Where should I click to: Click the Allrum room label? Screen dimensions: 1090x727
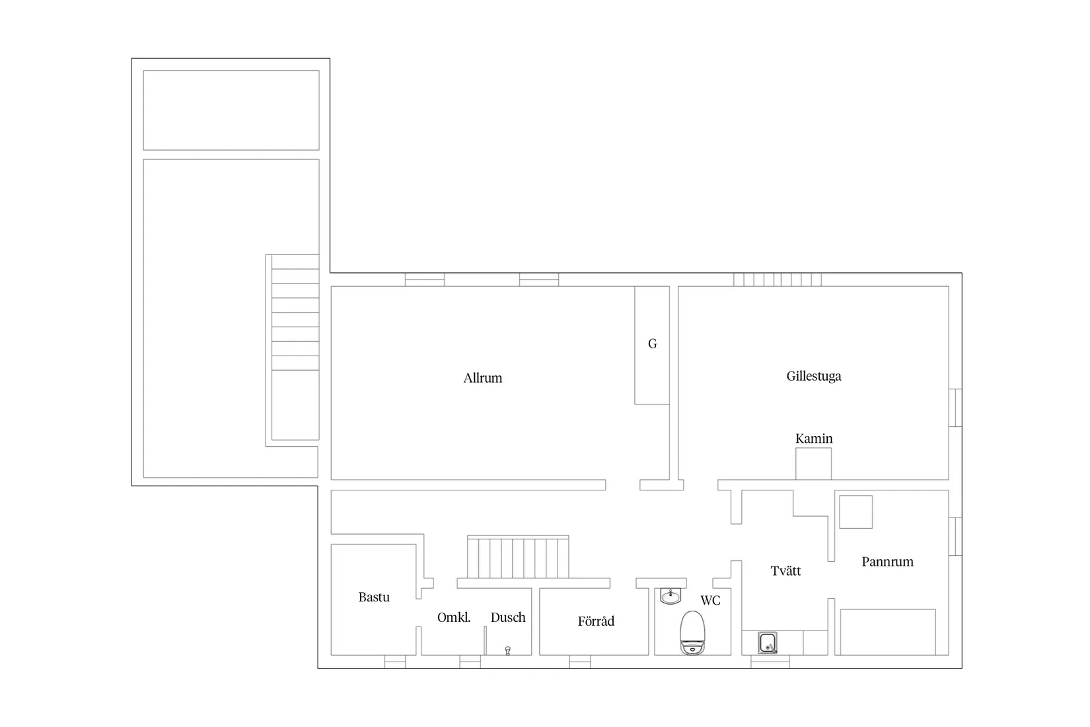[x=482, y=378]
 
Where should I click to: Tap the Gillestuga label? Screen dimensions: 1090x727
[x=814, y=377]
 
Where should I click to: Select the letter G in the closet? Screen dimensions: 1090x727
[x=653, y=344]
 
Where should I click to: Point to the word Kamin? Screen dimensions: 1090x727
[x=814, y=439]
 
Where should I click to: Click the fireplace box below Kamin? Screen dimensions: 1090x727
[x=813, y=464]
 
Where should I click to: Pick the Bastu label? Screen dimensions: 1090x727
[x=374, y=597]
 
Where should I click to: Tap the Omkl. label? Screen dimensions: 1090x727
[x=454, y=617]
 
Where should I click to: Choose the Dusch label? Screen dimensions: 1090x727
[x=508, y=617]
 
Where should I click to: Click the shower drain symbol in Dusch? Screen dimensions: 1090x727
[x=507, y=650]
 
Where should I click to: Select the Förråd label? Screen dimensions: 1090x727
[x=596, y=621]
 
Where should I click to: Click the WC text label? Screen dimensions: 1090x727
[x=710, y=600]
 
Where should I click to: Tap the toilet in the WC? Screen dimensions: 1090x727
[x=692, y=632]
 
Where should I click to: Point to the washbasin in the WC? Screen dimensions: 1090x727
[x=671, y=596]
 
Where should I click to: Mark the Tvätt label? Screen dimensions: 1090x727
[x=785, y=570]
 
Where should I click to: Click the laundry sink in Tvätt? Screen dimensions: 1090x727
[x=768, y=643]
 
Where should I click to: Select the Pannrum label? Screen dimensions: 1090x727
[x=887, y=562]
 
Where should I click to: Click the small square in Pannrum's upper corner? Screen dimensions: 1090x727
[x=855, y=512]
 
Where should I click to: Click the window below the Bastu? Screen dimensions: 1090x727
[x=394, y=662]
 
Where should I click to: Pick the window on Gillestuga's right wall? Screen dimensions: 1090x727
[x=955, y=408]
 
